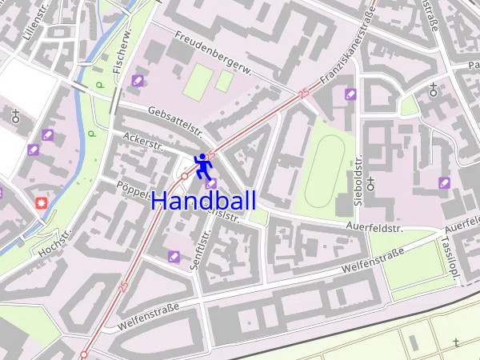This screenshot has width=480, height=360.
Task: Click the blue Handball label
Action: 203,202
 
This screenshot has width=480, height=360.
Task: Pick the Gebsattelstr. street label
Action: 174,120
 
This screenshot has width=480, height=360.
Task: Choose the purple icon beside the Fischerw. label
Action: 138,80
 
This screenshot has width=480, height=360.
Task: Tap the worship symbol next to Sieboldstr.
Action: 370,183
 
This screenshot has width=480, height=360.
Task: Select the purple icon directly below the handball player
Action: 210,184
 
